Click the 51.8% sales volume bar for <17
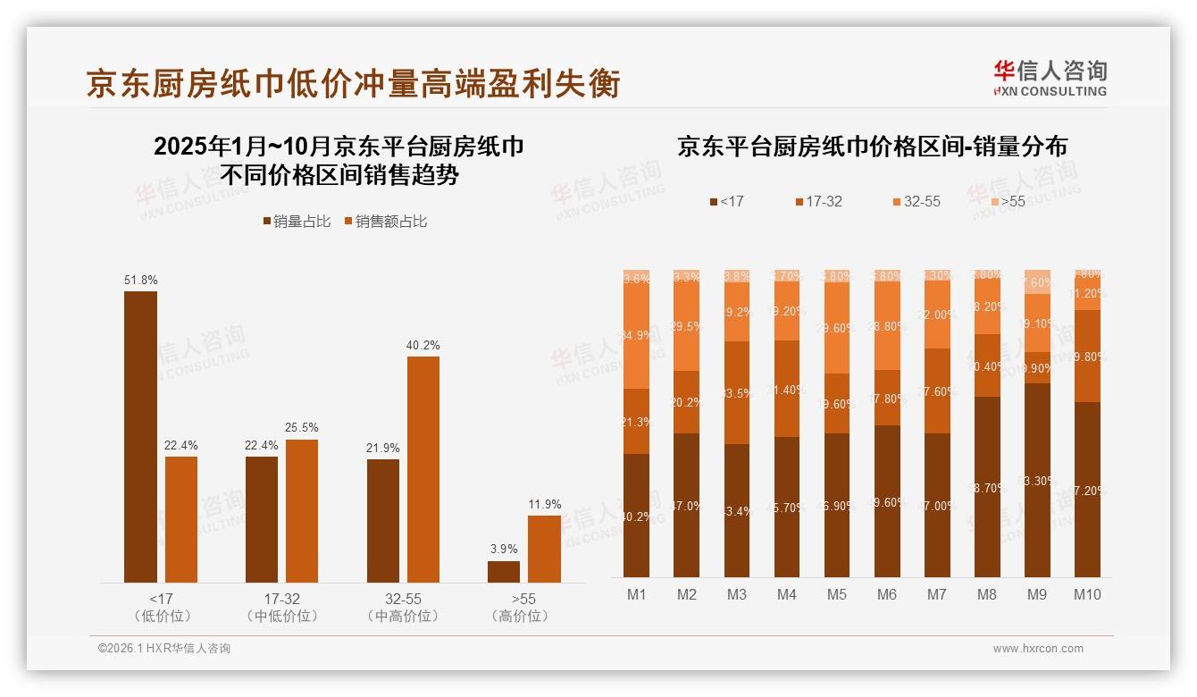tap(140, 437)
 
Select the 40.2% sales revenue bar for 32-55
tap(423, 469)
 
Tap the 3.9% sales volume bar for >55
tap(503, 572)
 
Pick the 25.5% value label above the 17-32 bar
tap(302, 428)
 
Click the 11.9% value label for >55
tap(544, 504)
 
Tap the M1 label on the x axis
tap(636, 594)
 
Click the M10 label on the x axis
tap(1086, 594)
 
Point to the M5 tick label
tap(836, 594)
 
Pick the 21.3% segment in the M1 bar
tap(636, 421)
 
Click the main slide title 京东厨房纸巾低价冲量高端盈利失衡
tap(353, 83)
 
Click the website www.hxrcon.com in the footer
tap(1038, 649)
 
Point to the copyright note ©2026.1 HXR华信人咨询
tap(164, 649)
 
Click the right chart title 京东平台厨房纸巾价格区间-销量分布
tap(872, 147)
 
